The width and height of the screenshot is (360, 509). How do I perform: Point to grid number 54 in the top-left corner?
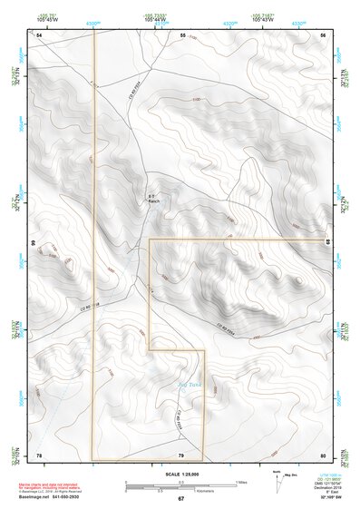[x=39, y=34]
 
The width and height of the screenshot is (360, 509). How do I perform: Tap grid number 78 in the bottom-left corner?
[x=39, y=455]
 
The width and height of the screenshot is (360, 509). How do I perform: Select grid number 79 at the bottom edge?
[x=181, y=455]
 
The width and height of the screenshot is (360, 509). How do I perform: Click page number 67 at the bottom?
[x=180, y=499]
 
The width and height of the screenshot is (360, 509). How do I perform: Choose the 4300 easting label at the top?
[x=92, y=23]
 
